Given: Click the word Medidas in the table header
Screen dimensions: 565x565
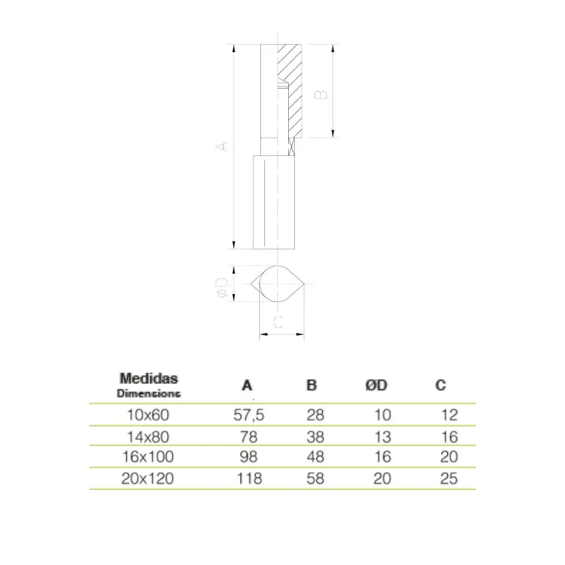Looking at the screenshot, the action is click(149, 379).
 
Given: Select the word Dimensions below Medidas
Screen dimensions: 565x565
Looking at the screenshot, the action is click(148, 393).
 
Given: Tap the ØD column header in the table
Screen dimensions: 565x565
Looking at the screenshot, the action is click(376, 385).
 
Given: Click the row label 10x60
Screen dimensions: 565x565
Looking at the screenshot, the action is click(148, 415).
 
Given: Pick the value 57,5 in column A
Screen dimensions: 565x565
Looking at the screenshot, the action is click(249, 415).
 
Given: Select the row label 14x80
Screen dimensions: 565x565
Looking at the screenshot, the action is click(148, 437).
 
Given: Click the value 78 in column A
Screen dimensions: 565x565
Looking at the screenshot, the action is click(249, 437).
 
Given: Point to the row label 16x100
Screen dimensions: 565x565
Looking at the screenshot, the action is click(148, 457).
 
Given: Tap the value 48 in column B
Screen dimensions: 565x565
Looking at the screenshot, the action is click(315, 457).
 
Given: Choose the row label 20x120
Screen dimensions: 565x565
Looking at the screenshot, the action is click(148, 479).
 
